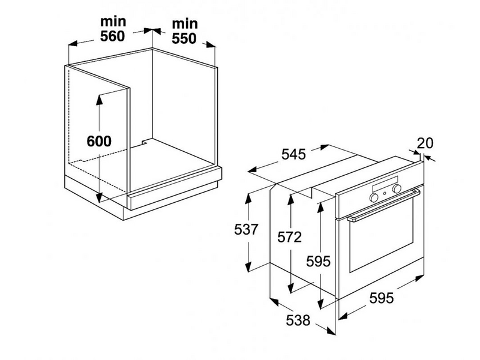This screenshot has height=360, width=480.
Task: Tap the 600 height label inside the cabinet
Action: [x=99, y=142]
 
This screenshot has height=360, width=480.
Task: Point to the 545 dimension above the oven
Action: [x=293, y=154]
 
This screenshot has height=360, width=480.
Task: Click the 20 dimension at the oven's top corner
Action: [x=425, y=143]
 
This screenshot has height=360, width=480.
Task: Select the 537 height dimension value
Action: [x=247, y=229]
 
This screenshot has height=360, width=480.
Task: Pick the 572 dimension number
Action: [x=289, y=238]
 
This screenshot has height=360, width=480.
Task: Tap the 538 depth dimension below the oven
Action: [x=298, y=321]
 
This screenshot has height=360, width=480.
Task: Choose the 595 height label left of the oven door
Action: [x=318, y=262]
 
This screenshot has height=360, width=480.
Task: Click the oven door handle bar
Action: [x=384, y=205]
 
